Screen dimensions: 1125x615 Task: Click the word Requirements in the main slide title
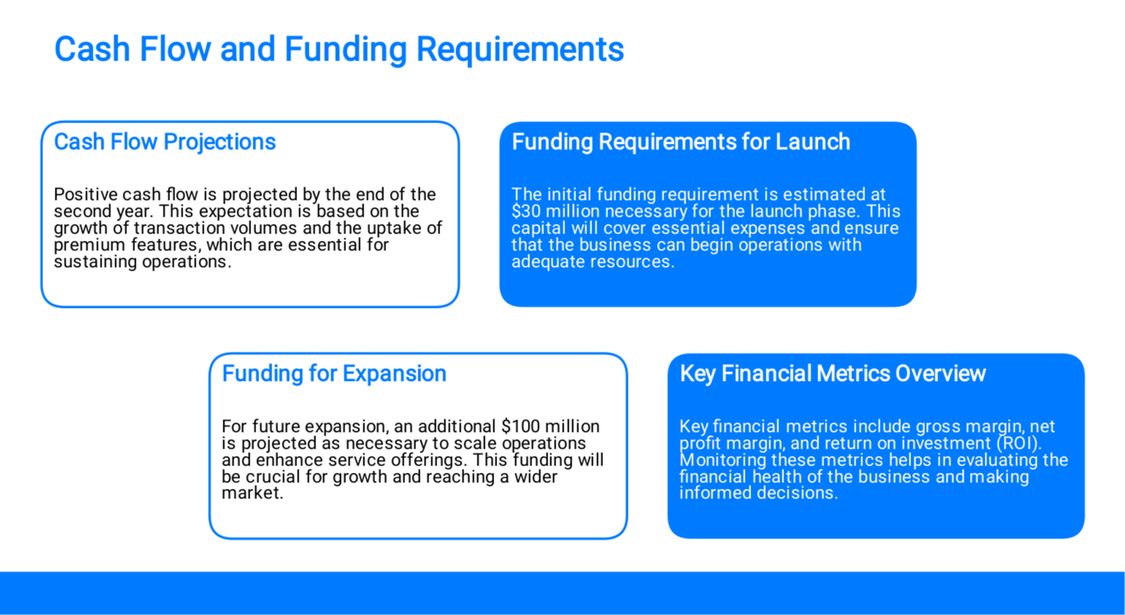coord(520,50)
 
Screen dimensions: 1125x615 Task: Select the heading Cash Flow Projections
coord(165,142)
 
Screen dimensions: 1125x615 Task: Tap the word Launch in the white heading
coord(813,142)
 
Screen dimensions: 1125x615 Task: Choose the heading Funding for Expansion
coord(334,374)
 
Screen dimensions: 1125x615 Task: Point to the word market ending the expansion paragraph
coord(253,493)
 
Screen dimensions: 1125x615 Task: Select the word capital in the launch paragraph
coord(538,228)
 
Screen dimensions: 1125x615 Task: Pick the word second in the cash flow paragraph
coord(82,212)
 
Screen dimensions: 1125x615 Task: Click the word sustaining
coord(96,262)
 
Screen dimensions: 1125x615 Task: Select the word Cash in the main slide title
coord(93,50)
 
